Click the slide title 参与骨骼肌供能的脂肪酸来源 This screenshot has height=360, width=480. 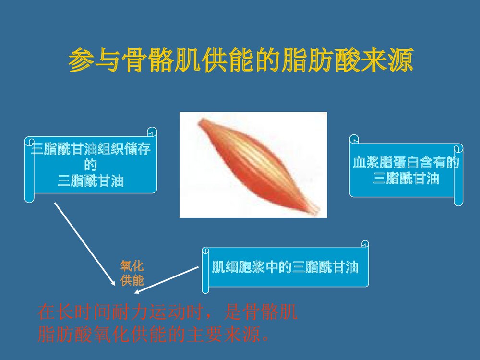pos(240,60)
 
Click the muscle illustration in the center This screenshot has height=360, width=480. pos(253,165)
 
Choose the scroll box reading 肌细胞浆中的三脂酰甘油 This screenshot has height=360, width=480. pos(286,268)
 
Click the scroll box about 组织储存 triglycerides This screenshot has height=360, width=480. pos(91,165)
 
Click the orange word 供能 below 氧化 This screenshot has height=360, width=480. pos(132,280)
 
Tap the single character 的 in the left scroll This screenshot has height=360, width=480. pos(91,166)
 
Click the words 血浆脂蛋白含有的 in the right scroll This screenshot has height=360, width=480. pos(406,163)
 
